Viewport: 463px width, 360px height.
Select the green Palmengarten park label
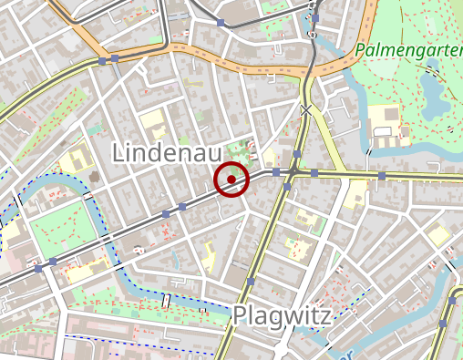pyautogui.click(x=409, y=49)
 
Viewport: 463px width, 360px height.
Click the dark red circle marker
pyautogui.click(x=232, y=180)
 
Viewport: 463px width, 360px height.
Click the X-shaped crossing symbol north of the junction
pyautogui.click(x=306, y=110)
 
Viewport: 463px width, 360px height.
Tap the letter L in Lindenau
pyautogui.click(x=118, y=153)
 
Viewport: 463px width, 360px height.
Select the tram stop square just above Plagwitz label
pyautogui.click(x=250, y=283)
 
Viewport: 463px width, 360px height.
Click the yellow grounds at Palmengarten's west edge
pyautogui.click(x=385, y=118)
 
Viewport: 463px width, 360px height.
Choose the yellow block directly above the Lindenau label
pyautogui.click(x=152, y=119)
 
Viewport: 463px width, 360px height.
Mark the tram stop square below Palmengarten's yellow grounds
pyautogui.click(x=382, y=175)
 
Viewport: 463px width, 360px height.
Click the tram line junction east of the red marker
pyautogui.click(x=293, y=171)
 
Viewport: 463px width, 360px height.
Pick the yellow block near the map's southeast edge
pyautogui.click(x=440, y=235)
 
